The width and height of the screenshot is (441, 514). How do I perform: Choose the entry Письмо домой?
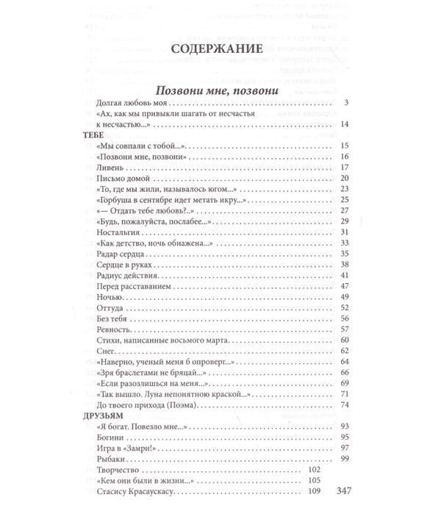pyautogui.click(x=123, y=179)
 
